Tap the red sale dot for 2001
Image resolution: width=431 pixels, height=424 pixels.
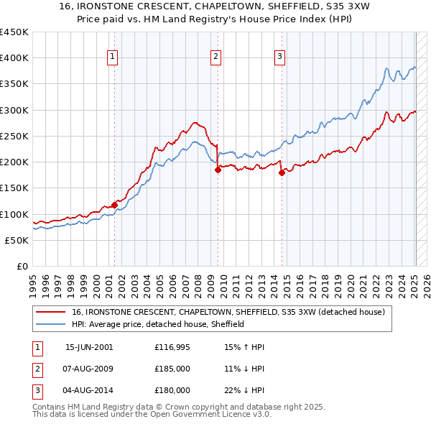[x=114, y=205]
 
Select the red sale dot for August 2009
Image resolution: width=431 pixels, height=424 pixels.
[x=218, y=170]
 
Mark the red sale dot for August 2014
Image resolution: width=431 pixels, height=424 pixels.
[x=282, y=172]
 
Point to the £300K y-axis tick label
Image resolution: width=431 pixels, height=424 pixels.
[x=14, y=110]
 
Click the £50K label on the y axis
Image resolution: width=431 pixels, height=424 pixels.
[x=17, y=240]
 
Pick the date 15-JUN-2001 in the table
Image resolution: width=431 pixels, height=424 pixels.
[x=89, y=347]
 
